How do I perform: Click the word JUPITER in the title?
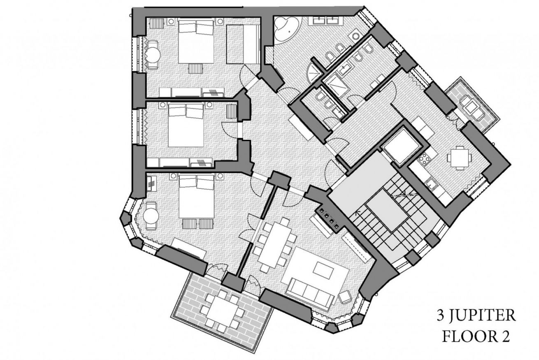tap(483, 316)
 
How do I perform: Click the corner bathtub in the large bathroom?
tap(286, 29)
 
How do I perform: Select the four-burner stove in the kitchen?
tap(423, 159)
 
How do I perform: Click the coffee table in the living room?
tap(323, 270)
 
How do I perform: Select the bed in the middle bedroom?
tap(186, 125)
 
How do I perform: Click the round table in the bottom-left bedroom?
tap(151, 216)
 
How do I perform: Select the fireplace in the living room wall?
tap(328, 219)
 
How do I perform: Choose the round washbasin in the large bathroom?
tap(355, 36)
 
